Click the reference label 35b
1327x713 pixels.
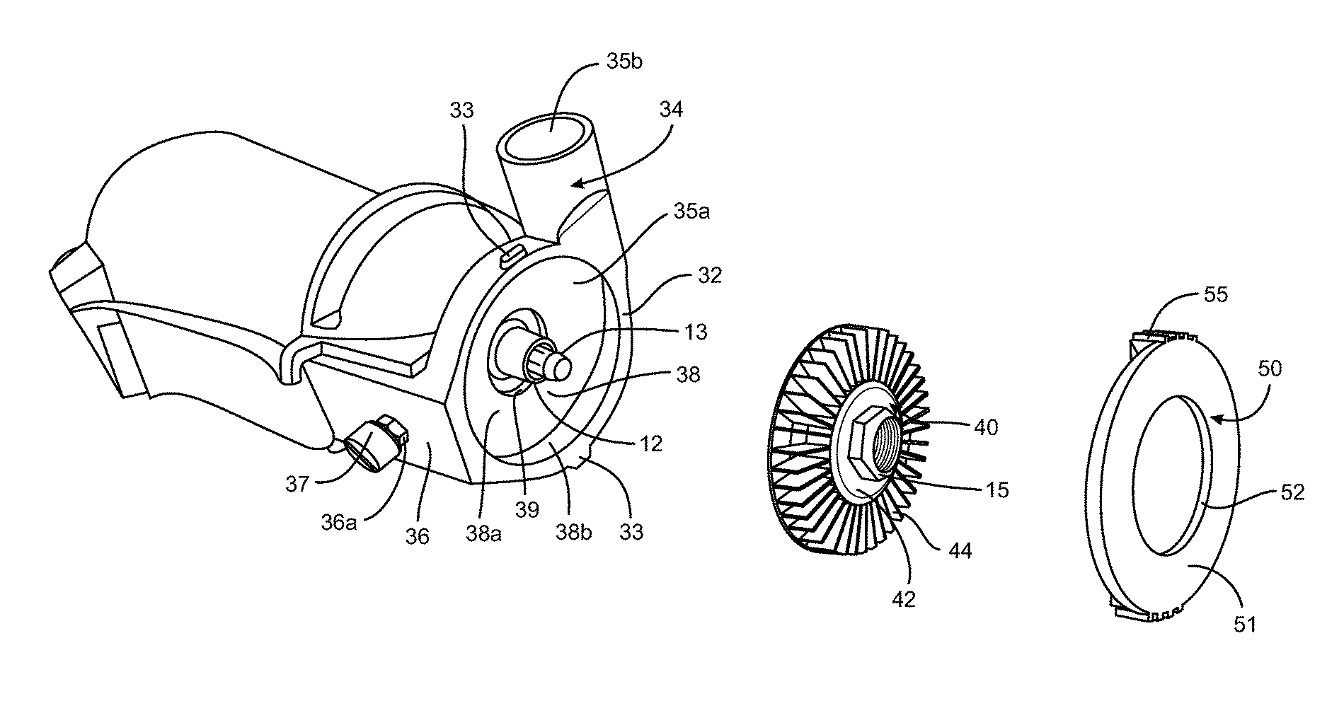click(625, 62)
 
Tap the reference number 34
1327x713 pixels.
click(670, 110)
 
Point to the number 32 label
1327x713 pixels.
click(708, 275)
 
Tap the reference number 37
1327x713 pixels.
click(298, 484)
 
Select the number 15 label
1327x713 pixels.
click(997, 489)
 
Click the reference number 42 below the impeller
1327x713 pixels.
click(904, 598)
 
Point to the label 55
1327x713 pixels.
click(1216, 294)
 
